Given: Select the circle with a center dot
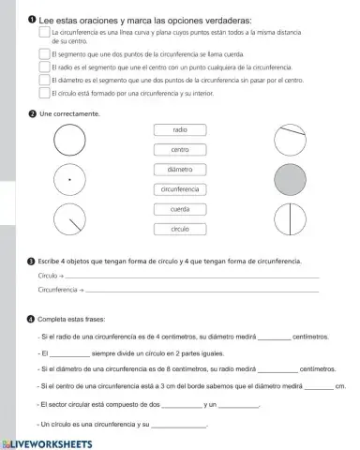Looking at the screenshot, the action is coord(69,178).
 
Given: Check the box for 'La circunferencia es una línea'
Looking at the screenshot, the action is coord(43,33).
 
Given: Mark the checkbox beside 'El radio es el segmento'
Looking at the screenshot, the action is coord(43,68).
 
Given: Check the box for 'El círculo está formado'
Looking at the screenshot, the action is coord(43,93).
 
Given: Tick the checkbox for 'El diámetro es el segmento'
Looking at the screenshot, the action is coord(43,81).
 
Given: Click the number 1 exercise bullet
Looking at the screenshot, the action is coord(31,21).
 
